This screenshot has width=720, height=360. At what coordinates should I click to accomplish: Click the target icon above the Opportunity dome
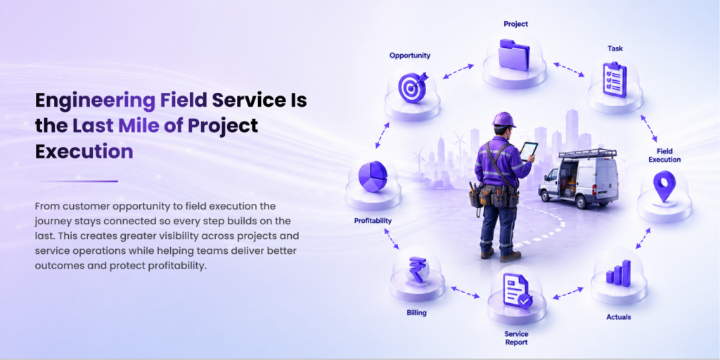point(412,86)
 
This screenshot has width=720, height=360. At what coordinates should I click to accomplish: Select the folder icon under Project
point(514,55)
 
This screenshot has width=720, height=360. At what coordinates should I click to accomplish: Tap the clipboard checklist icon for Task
point(615,80)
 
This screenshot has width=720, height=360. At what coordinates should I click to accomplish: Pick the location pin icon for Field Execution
point(664,186)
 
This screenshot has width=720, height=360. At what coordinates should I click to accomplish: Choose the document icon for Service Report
point(517,290)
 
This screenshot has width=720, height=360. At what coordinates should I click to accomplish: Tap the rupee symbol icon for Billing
point(418,269)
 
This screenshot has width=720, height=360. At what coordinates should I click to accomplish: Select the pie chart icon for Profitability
point(373,176)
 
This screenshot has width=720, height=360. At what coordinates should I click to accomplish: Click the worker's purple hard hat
point(503,120)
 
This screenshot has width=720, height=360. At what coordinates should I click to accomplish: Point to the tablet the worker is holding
point(528,151)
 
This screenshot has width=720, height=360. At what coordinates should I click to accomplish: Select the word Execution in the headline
point(84,151)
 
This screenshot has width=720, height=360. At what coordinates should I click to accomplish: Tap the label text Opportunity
point(410,56)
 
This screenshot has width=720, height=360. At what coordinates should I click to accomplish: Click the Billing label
point(416,313)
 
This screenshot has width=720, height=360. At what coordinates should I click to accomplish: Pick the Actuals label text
point(619,317)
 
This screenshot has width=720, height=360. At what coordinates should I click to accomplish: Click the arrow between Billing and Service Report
point(465,292)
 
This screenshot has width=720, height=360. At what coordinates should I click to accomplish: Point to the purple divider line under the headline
point(77,181)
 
